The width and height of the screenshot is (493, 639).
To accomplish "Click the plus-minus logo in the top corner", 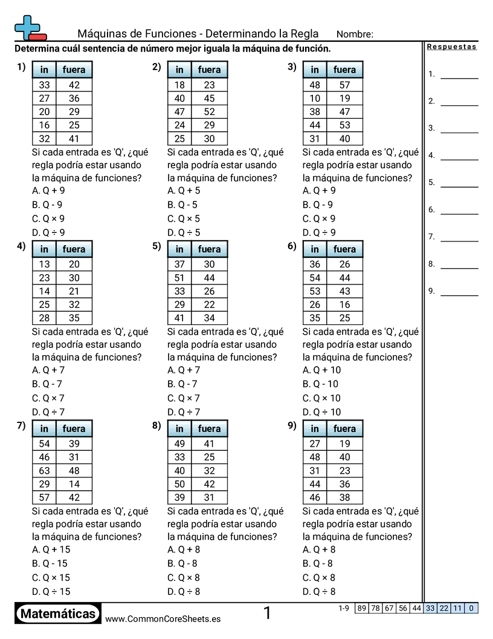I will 29,28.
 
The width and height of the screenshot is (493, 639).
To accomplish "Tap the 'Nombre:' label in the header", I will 355,34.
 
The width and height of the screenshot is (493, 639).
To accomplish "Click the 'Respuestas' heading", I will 451,47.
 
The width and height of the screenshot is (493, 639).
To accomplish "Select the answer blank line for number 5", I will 459,186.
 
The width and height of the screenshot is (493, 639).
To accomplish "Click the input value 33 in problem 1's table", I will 44,85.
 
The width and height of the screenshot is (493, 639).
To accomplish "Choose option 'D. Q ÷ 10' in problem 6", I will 321,412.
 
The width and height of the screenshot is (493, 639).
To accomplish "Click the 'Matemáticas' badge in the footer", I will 58,614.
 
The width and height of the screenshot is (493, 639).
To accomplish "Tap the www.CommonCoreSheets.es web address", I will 163,618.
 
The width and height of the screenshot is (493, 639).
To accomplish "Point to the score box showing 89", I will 361,608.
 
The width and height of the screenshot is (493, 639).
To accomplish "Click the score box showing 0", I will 471,608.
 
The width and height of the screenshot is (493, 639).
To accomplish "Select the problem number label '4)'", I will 21,246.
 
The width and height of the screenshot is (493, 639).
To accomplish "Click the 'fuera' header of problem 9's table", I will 344,428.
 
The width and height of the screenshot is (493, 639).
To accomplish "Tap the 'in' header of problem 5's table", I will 179,249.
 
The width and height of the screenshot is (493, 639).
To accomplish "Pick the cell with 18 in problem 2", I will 179,85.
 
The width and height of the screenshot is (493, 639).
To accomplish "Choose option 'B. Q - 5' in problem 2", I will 182,205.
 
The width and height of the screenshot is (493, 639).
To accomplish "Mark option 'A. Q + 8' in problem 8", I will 184,549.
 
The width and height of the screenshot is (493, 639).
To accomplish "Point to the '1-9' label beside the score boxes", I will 344,608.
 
